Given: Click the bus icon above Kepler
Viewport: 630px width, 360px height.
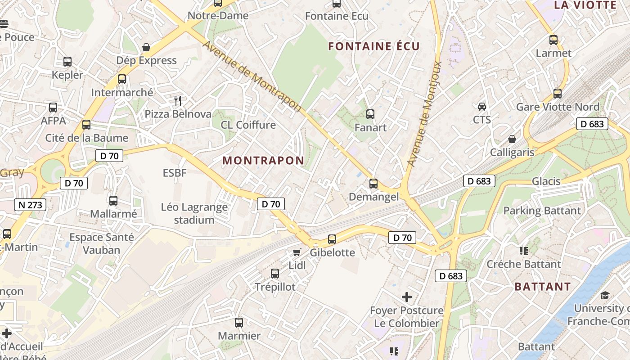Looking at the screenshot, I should click(x=67, y=62).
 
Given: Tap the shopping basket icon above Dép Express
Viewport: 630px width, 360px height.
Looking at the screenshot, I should click(x=146, y=47).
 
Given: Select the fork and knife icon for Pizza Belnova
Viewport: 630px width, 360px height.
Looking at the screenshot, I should click(x=178, y=100).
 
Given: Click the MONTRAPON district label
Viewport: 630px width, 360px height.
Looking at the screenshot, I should click(x=263, y=161).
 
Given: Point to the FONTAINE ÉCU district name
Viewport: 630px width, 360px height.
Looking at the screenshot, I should click(x=373, y=46).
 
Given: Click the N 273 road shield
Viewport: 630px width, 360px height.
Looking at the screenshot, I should click(x=31, y=205).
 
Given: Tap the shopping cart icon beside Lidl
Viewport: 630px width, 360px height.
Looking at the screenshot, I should click(x=297, y=252).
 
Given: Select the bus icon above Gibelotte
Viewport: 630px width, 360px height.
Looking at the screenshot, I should click(x=332, y=239).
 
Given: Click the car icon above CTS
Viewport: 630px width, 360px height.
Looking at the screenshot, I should click(x=482, y=107).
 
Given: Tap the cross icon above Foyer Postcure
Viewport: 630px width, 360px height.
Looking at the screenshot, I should click(x=407, y=297).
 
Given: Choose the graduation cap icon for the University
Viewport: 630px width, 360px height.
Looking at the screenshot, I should click(x=605, y=295).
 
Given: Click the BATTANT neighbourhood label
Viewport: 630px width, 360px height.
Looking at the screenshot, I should click(x=542, y=287).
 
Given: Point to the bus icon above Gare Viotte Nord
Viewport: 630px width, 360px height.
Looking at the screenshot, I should click(x=558, y=94).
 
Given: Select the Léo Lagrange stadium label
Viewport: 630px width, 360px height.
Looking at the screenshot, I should click(x=194, y=213).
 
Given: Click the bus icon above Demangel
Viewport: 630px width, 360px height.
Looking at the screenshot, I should click(x=373, y=184).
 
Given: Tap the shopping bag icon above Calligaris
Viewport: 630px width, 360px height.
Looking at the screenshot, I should click(x=512, y=139).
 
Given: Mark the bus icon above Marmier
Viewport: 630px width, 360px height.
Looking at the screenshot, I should click(x=239, y=323).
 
